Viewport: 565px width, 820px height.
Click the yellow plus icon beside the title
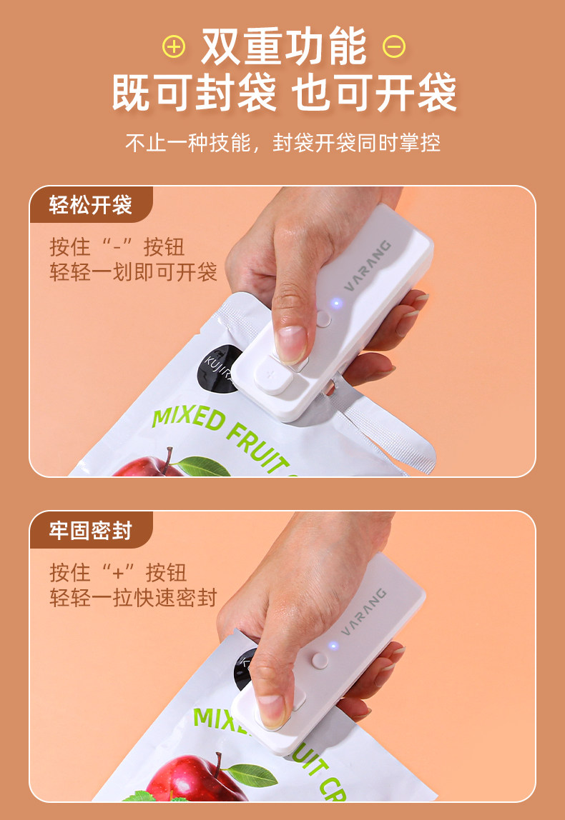[174, 46]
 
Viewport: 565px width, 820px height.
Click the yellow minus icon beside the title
[394, 46]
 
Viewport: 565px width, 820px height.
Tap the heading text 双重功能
[284, 46]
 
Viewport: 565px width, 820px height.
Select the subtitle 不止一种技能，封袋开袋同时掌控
[282, 143]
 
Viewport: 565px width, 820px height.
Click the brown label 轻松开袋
[91, 204]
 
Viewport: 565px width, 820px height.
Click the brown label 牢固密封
[91, 530]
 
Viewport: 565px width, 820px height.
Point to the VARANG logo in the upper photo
[368, 265]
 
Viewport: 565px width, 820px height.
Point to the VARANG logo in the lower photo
[364, 611]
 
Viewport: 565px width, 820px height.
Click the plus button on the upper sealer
[272, 374]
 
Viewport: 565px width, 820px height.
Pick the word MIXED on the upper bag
[189, 419]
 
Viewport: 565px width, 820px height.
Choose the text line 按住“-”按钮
[117, 247]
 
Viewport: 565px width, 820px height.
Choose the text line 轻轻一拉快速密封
[133, 598]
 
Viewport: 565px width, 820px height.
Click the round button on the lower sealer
[320, 660]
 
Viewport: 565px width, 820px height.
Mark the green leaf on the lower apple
[253, 775]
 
